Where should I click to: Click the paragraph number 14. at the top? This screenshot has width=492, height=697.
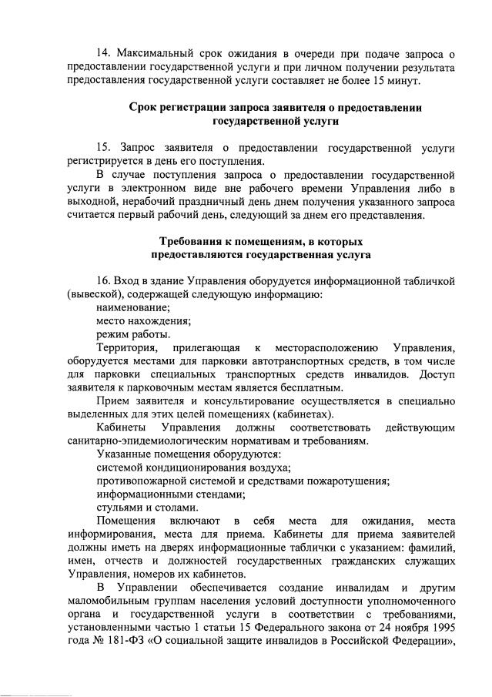[x=105, y=53]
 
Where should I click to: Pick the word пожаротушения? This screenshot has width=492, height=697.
[x=343, y=481]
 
